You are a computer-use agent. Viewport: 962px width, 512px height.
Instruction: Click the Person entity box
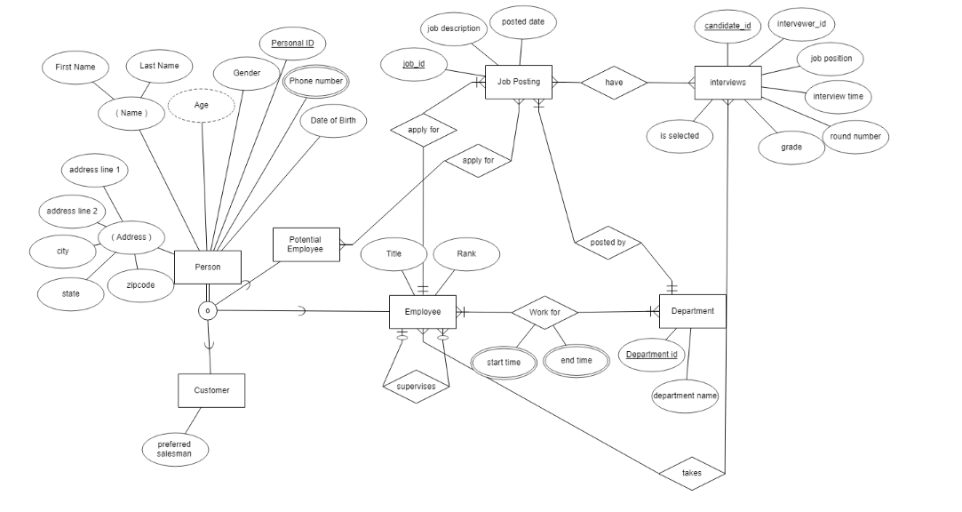(x=207, y=267)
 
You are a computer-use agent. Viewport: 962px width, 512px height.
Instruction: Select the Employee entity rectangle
(x=423, y=312)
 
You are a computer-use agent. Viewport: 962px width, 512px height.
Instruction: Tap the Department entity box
(x=693, y=311)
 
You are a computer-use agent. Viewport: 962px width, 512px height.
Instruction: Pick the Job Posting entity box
(x=519, y=82)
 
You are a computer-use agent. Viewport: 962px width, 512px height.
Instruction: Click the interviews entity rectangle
(x=727, y=83)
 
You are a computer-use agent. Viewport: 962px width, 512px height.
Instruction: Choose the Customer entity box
(x=211, y=390)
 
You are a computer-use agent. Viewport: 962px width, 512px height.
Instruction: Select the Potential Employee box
(x=305, y=244)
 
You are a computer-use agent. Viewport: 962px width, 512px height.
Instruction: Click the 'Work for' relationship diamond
(x=545, y=312)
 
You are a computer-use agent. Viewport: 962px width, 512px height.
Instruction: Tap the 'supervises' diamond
(x=416, y=387)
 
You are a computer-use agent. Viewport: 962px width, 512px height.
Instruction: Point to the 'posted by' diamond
(x=608, y=242)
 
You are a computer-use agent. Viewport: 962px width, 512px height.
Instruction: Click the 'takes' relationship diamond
(x=691, y=473)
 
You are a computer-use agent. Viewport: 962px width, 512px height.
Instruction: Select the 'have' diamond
(x=614, y=83)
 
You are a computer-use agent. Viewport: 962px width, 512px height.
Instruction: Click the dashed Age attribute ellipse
(x=202, y=105)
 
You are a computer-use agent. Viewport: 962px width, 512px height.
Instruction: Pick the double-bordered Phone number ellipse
(x=315, y=81)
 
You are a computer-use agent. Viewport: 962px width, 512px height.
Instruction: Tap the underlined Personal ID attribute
(x=292, y=43)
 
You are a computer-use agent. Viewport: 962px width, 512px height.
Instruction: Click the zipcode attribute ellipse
(x=140, y=285)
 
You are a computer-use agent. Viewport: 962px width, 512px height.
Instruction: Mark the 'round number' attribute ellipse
(x=855, y=137)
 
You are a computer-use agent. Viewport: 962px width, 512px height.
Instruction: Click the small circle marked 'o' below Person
(x=207, y=311)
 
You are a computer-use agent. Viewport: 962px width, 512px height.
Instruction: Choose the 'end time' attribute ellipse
(x=576, y=361)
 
